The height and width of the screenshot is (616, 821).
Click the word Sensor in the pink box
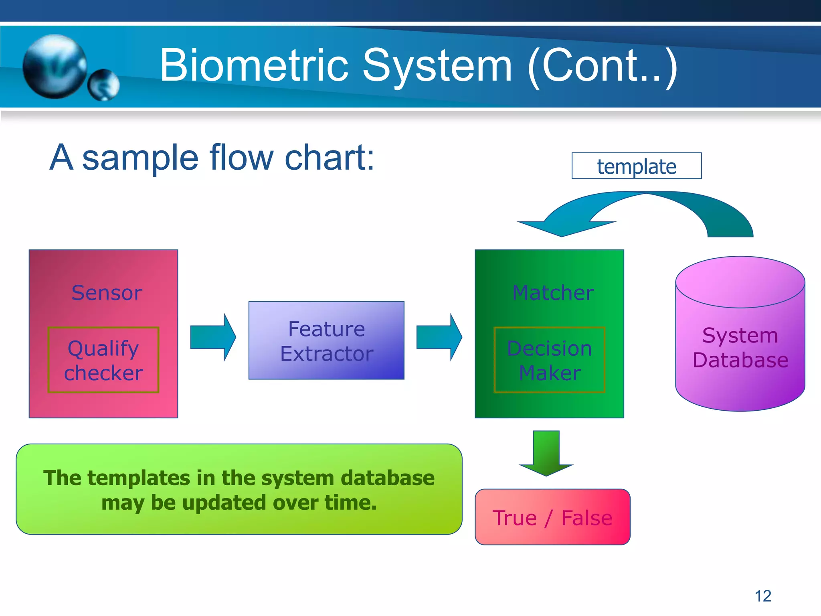(x=107, y=293)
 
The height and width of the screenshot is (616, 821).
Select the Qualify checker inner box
(x=103, y=360)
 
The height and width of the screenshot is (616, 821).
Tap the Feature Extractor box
(x=326, y=340)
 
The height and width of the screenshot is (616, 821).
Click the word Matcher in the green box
(x=553, y=293)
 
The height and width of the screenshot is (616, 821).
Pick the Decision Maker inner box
(x=549, y=360)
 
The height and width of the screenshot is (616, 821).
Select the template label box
(x=636, y=166)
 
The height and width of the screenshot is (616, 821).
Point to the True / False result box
(x=552, y=517)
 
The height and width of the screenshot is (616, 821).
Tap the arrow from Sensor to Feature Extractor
(x=213, y=337)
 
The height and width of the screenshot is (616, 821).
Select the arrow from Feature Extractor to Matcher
(x=439, y=337)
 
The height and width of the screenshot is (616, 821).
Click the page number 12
(x=762, y=596)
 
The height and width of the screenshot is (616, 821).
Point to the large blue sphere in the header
(x=55, y=66)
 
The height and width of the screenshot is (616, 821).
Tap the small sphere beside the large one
(x=103, y=85)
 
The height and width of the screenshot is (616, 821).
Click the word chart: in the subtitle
(x=329, y=158)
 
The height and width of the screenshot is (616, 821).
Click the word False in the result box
(x=586, y=518)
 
